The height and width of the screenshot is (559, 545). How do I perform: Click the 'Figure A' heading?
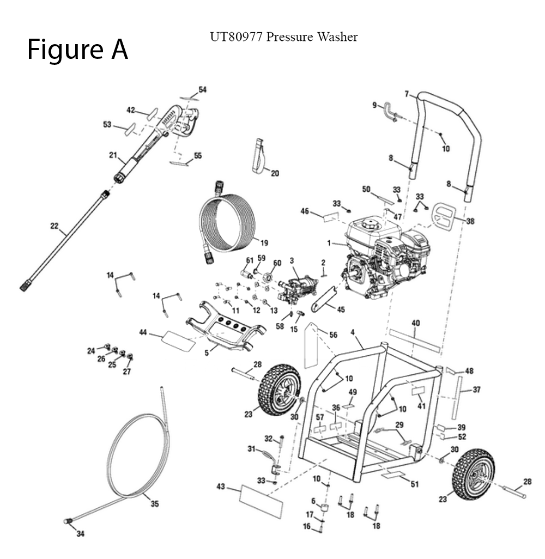point(77,50)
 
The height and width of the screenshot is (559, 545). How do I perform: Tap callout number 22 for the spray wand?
point(55,226)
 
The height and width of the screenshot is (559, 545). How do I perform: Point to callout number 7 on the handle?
point(406,94)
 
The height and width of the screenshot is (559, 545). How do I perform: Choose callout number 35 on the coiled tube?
point(155,504)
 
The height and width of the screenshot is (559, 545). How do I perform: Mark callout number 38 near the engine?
point(470,221)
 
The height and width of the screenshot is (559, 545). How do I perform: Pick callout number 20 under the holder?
point(275,174)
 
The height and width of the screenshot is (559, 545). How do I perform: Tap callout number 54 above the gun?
point(202,89)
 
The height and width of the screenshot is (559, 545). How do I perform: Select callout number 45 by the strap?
point(341,309)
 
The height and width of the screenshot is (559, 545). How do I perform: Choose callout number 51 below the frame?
point(414,484)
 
